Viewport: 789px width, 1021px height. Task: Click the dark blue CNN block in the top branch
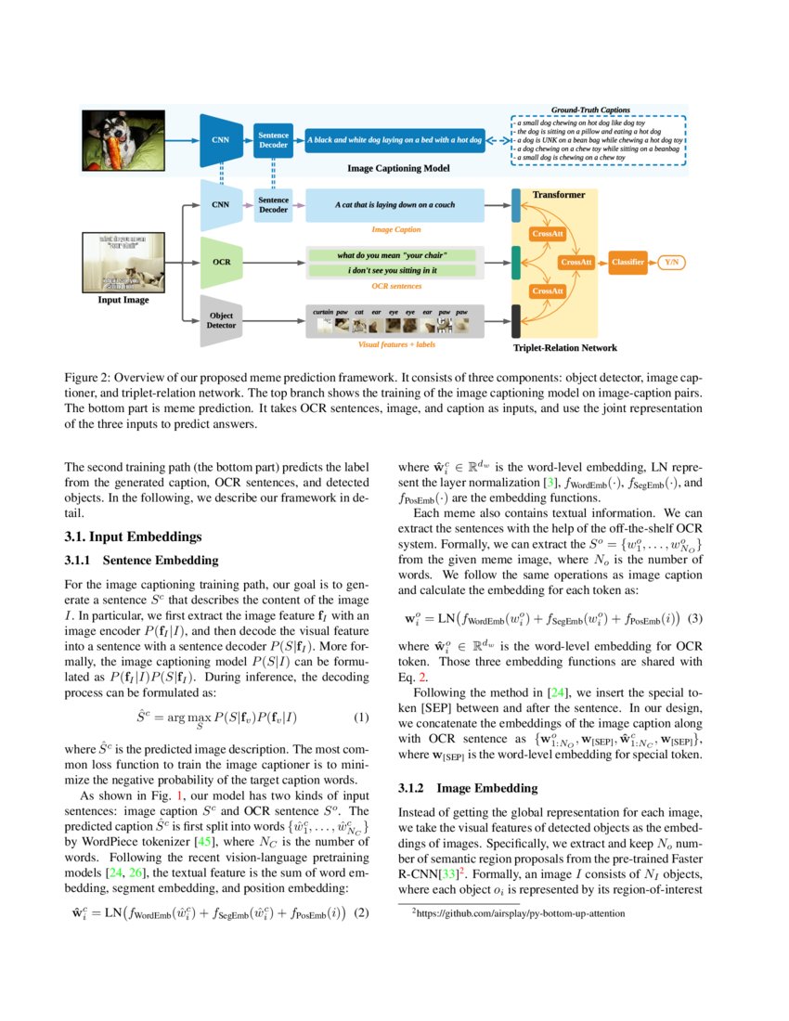point(221,141)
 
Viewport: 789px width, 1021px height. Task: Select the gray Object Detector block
point(221,320)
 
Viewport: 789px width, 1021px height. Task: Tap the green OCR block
point(221,262)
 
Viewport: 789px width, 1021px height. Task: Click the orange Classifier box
point(627,263)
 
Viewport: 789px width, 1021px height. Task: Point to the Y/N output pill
point(671,263)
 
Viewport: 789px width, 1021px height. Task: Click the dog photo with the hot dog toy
point(116,140)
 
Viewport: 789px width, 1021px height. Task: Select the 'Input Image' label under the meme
point(123,300)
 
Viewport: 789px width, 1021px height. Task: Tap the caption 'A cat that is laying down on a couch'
point(395,204)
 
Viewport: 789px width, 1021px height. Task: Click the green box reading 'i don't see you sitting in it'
point(392,270)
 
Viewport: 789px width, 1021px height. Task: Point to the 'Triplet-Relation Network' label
point(564,348)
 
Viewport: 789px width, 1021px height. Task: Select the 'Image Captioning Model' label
point(398,168)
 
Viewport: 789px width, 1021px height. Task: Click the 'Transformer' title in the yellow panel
point(559,195)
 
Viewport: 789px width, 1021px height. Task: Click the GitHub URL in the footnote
point(521,913)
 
